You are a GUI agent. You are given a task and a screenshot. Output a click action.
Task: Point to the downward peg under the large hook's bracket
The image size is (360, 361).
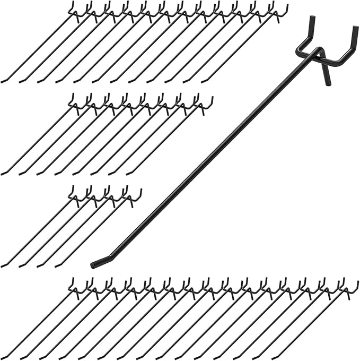(327, 74)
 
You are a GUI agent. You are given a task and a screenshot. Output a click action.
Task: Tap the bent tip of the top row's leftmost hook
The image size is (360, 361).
(5, 81)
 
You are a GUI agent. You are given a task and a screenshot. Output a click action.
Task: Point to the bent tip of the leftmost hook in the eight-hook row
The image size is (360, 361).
(5, 173)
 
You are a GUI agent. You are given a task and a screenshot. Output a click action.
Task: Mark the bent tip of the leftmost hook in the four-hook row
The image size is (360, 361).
(5, 265)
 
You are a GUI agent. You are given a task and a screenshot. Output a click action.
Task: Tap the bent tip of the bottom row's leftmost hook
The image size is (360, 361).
(5, 357)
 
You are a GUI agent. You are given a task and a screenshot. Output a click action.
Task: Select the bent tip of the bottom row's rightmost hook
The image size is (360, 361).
(275, 357)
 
